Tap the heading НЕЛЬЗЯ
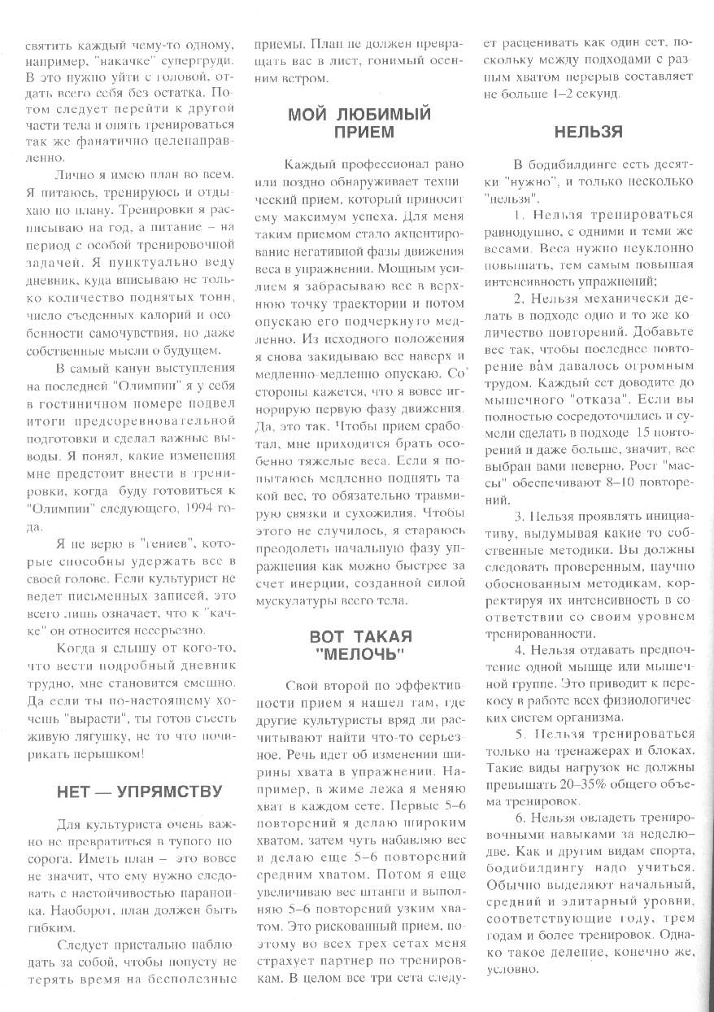pos(589,132)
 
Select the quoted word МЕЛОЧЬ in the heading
pos(361,654)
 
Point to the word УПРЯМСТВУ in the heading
pos(163,792)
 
